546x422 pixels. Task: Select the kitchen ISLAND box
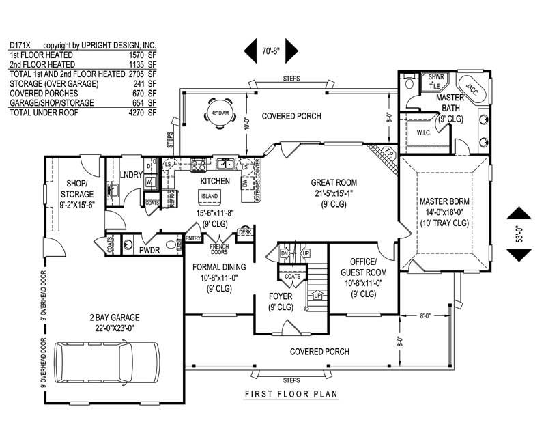click(210, 197)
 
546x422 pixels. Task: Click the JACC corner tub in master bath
click(470, 87)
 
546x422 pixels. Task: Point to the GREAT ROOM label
click(334, 182)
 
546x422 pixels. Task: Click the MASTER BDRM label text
click(444, 203)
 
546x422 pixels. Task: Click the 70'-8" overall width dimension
click(271, 50)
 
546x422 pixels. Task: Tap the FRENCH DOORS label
click(219, 249)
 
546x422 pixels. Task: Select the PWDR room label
click(149, 251)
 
